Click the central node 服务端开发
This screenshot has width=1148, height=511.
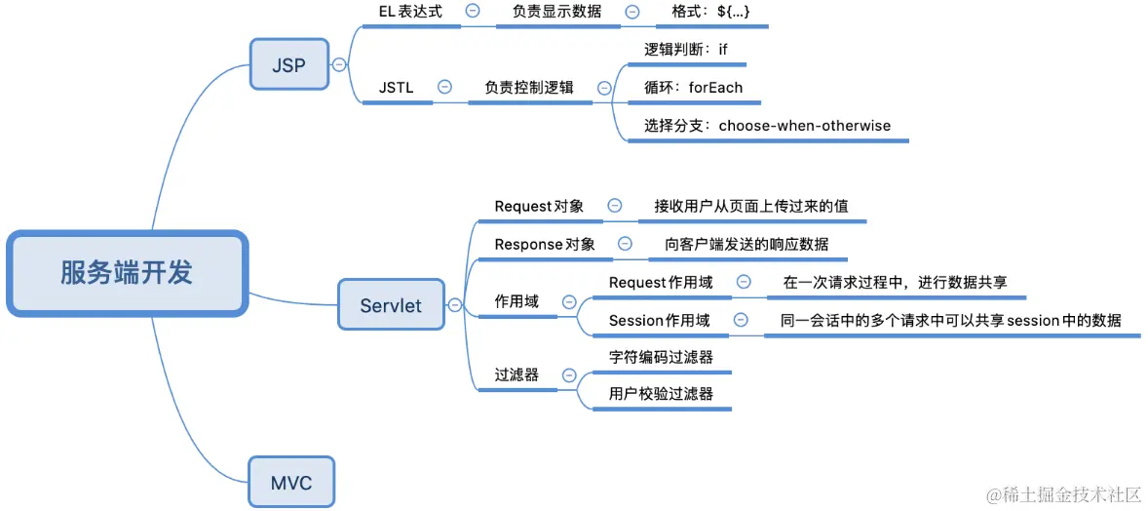(x=127, y=273)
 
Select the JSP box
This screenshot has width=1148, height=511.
(x=288, y=66)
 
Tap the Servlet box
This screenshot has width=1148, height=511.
(x=391, y=305)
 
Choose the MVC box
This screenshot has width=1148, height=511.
(x=290, y=482)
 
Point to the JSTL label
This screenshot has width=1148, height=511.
(x=397, y=88)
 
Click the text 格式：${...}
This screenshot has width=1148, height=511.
(x=711, y=12)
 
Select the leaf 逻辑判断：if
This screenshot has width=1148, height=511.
(x=686, y=49)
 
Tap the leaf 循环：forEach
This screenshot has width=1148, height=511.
(x=693, y=88)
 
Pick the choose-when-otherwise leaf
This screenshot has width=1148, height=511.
(x=767, y=126)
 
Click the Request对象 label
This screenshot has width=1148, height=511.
(x=539, y=206)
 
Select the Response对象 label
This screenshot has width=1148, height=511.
(x=545, y=244)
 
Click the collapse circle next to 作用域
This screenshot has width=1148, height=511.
(x=569, y=302)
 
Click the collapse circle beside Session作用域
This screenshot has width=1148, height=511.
(x=741, y=320)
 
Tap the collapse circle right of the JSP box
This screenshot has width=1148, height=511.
(x=339, y=65)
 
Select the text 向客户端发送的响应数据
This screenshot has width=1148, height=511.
(x=746, y=244)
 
